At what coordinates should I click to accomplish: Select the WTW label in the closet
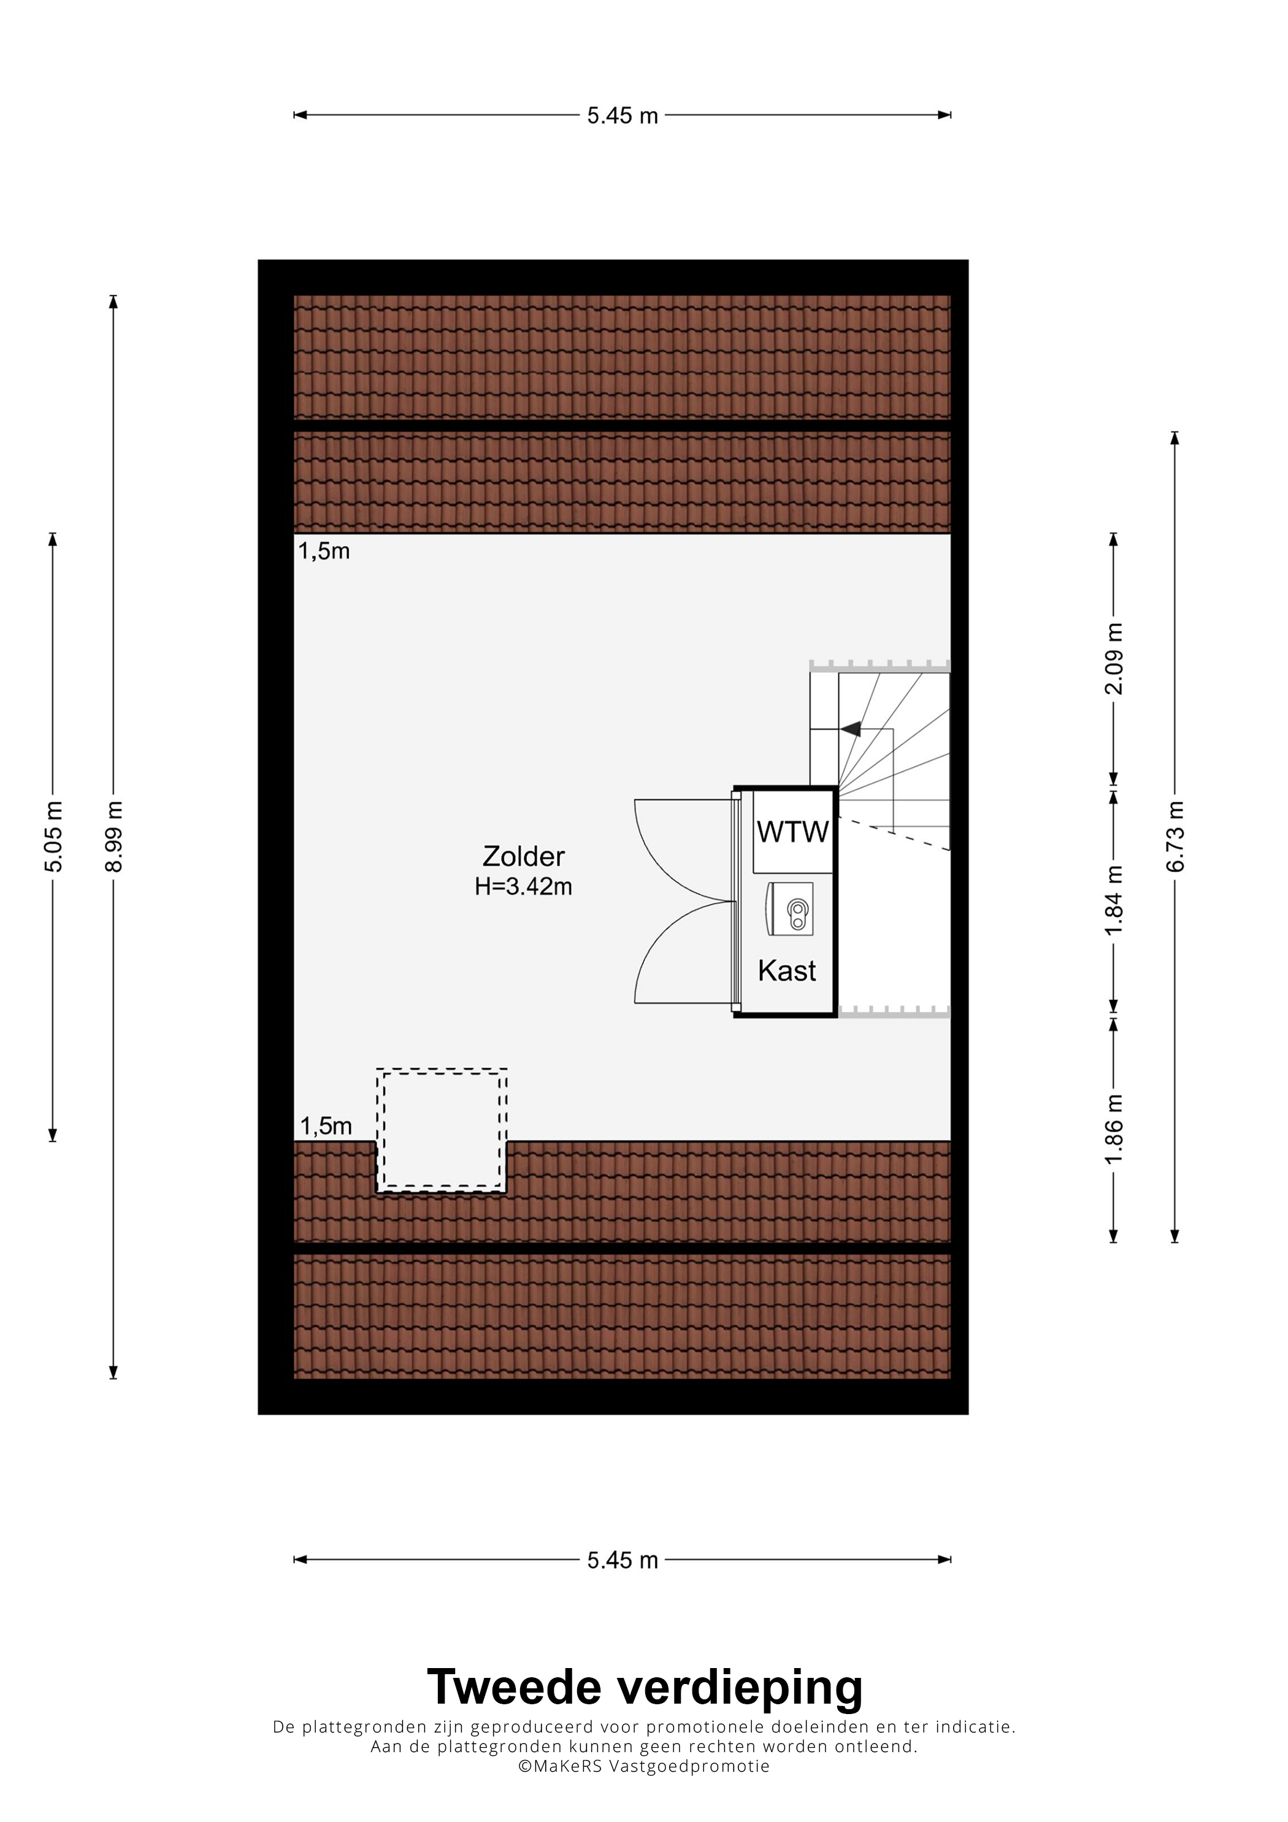click(793, 832)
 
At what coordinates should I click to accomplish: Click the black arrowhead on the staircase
click(851, 729)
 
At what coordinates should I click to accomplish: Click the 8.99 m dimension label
click(114, 836)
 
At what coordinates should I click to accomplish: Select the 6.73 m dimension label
click(1175, 836)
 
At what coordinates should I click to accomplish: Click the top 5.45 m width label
click(623, 116)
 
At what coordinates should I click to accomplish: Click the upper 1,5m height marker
click(324, 551)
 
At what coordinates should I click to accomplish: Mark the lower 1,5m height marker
click(326, 1126)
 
